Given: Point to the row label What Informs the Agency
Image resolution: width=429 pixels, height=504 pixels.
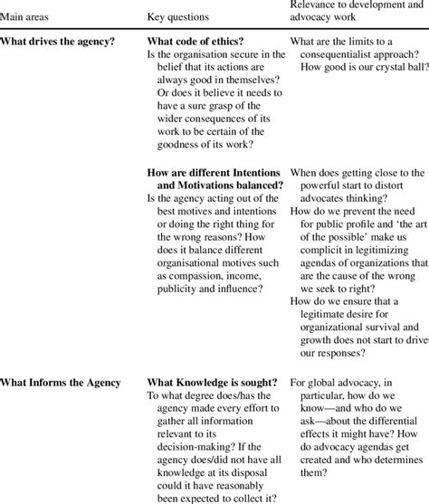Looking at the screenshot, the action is (62, 382).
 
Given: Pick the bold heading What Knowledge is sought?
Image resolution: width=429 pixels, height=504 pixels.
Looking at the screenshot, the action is (212, 382).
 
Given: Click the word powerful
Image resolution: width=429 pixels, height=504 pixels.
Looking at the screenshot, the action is (317, 189).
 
